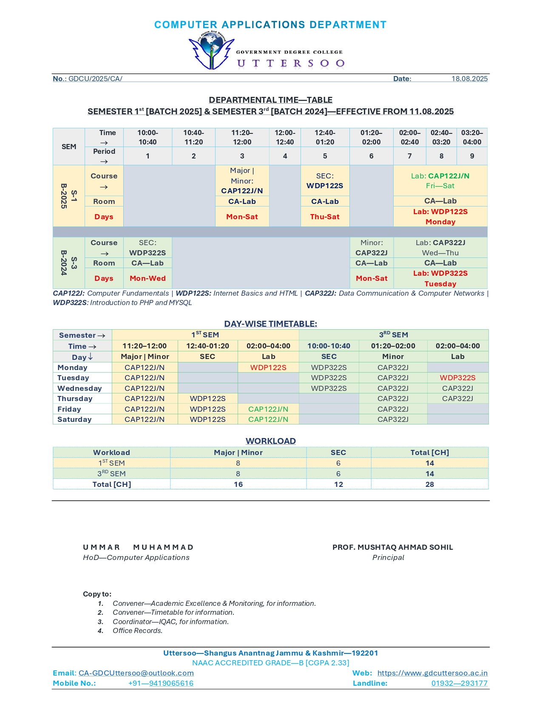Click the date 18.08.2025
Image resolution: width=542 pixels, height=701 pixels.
pos(469,79)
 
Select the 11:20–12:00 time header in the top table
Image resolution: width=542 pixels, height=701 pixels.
pos(242,137)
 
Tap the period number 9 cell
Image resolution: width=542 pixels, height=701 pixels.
pos(472,156)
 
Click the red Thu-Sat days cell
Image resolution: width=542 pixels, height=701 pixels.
pos(325,217)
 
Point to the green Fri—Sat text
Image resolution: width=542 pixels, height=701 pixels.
pos(440,186)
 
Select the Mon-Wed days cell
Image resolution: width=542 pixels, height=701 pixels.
pos(148,278)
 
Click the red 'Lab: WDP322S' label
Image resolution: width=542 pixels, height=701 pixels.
pos(440,273)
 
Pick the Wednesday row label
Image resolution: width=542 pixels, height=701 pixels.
pos(79,388)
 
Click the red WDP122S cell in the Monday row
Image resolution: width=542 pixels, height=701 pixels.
pos(268,367)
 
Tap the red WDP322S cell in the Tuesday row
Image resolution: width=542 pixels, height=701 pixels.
pos(457,378)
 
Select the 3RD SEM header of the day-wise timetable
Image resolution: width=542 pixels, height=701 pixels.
pos(393,335)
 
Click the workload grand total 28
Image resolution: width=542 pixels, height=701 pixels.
pos(429,484)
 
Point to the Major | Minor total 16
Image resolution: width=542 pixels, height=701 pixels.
pos(238,484)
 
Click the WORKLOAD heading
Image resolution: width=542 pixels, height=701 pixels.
pos(270,441)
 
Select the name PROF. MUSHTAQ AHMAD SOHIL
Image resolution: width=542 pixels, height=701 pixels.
pos(392,547)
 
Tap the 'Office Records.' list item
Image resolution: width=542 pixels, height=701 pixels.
pos(137,630)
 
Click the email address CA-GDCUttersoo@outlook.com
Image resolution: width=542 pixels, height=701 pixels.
pos(136,673)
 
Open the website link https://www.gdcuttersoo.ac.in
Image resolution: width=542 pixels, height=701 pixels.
pos(432,673)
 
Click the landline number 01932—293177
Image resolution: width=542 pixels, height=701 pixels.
pos(459,683)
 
